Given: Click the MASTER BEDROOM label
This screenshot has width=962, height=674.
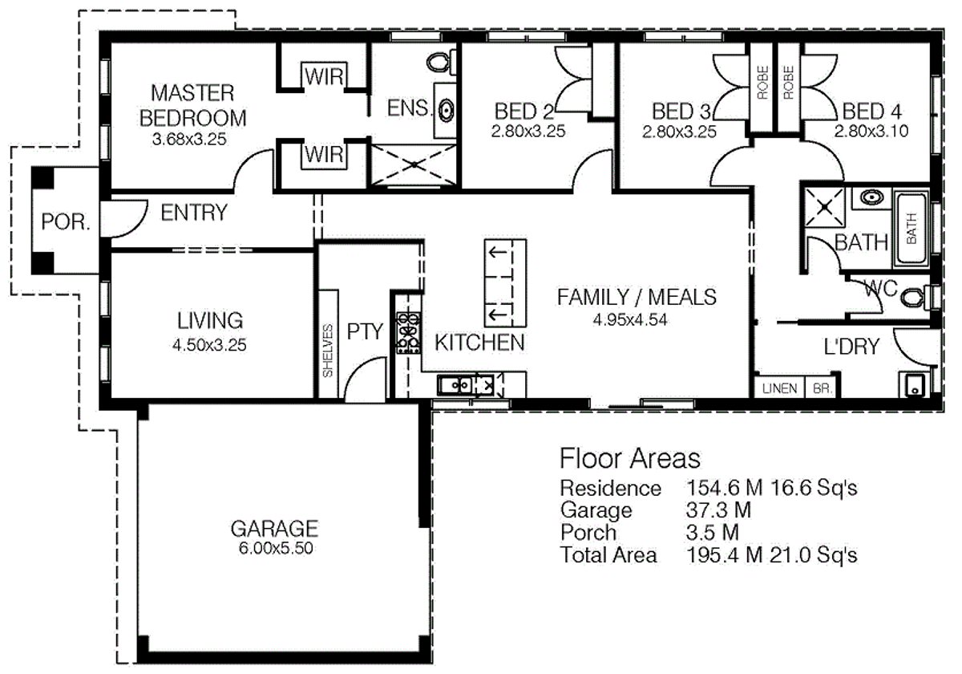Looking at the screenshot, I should [x=193, y=104].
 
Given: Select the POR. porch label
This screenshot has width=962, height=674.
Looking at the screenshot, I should [x=66, y=222].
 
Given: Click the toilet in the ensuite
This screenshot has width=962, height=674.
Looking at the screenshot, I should [x=439, y=61].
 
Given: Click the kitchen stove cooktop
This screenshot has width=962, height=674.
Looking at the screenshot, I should [x=408, y=331].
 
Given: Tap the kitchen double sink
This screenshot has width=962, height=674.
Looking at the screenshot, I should [x=459, y=385].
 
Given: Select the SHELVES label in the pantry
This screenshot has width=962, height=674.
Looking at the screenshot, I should [x=327, y=350].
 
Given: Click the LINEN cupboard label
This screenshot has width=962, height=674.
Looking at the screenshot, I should [x=779, y=388].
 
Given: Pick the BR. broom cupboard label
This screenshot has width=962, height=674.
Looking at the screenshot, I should [x=823, y=388].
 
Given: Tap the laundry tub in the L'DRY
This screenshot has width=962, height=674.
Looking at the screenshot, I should [x=914, y=386].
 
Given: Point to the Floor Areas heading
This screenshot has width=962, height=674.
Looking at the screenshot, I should [x=629, y=458].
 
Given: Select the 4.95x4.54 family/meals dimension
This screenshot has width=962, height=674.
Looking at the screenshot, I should [x=630, y=319].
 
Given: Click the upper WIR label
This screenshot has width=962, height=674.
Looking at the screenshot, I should [x=323, y=77].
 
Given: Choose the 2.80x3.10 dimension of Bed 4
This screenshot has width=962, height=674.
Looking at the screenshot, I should [x=871, y=131].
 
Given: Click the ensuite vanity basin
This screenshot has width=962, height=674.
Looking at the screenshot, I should [x=446, y=112].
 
